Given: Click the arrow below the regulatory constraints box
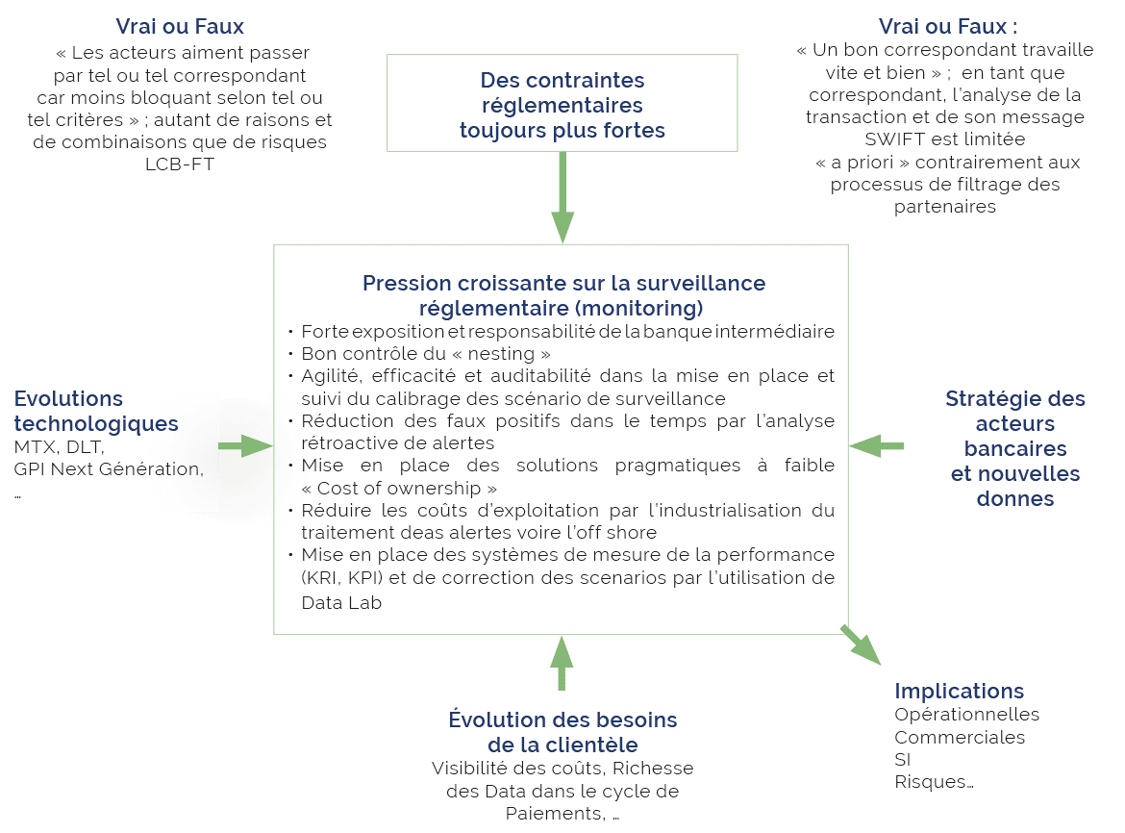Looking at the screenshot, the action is [562, 197].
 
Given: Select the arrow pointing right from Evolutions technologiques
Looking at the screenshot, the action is [245, 445].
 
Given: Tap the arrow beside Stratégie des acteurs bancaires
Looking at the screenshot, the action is [877, 445].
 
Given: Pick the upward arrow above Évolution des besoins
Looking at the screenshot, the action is [562, 663].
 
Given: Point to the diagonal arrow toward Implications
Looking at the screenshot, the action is [861, 644].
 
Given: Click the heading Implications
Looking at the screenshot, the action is [960, 691].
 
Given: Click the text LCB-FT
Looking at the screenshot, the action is [180, 164].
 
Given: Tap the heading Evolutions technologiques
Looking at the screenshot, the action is [96, 411].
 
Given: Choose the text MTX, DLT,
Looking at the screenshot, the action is [59, 447].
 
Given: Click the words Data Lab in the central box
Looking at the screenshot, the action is [341, 603].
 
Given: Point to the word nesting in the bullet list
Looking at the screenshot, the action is [501, 354].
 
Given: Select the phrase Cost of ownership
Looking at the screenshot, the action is [399, 488].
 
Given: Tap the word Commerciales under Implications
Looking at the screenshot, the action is [960, 737].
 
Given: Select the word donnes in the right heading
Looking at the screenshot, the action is [1015, 498].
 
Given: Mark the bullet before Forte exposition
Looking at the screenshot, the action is [291, 332].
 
